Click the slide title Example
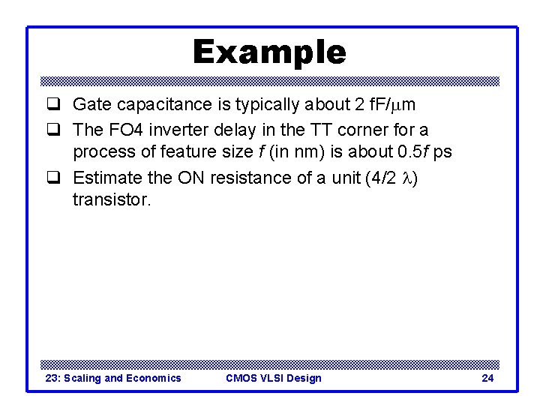pyautogui.click(x=269, y=52)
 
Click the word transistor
pyautogui.click(x=111, y=199)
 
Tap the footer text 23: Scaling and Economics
pyautogui.click(x=113, y=378)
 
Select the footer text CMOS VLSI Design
pyautogui.click(x=273, y=378)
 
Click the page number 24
pyautogui.click(x=487, y=378)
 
